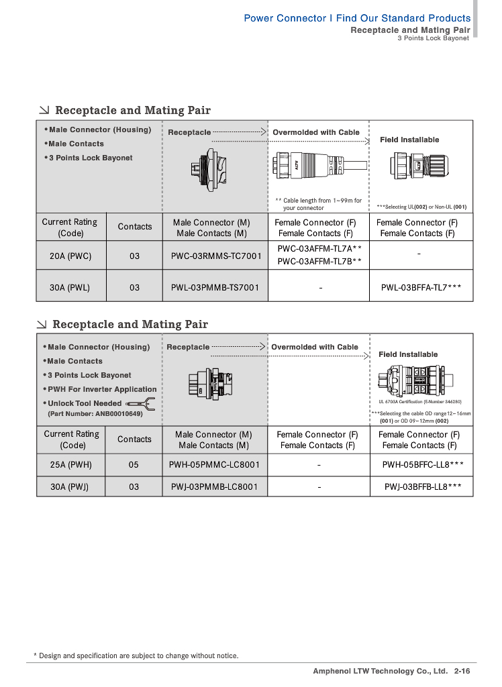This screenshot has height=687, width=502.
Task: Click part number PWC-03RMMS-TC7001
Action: (x=211, y=256)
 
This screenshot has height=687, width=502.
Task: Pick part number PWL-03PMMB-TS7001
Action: (x=211, y=287)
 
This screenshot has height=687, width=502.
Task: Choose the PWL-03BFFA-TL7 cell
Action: (x=421, y=287)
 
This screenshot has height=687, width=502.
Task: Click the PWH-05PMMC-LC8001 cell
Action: (x=214, y=464)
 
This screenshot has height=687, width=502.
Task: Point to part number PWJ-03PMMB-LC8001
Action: (x=214, y=486)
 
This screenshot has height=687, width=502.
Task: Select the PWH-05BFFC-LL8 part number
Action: (x=422, y=464)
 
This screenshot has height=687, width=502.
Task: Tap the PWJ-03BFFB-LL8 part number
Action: (x=422, y=486)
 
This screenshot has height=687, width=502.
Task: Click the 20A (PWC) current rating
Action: (x=70, y=256)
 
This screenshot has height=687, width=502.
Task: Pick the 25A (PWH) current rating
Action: (x=70, y=464)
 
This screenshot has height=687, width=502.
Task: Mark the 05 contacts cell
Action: (x=134, y=464)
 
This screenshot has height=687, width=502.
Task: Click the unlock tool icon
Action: (x=142, y=404)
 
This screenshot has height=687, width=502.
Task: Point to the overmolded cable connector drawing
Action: (x=319, y=166)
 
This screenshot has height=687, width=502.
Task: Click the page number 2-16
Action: (x=462, y=671)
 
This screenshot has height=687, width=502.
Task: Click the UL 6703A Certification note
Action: (x=420, y=401)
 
